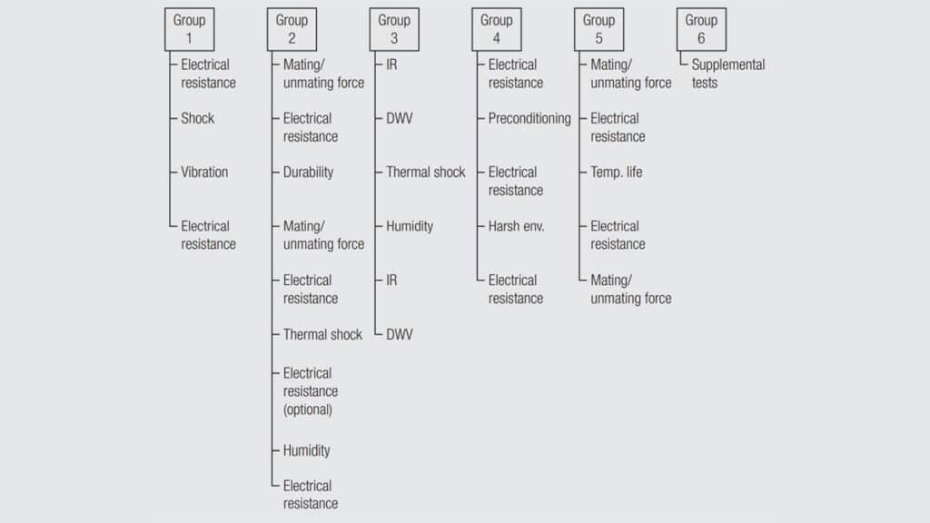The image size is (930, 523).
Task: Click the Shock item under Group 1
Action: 197,118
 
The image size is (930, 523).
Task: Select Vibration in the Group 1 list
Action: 204,172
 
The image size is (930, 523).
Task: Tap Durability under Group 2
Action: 308,172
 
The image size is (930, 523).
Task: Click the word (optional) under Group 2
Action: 307,410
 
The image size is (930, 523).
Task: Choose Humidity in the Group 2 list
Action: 306,450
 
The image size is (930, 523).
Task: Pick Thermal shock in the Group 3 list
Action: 425,172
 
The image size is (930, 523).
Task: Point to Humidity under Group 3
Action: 410,226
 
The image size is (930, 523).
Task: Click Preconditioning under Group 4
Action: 529,119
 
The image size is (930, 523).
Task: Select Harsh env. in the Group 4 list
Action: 516,226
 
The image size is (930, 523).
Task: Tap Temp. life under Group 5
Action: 617,172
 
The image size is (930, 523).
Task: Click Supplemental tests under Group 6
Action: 727,74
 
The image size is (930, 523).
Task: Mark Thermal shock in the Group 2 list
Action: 322,334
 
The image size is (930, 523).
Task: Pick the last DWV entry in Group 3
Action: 400,334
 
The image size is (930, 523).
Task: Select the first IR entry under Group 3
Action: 391,64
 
